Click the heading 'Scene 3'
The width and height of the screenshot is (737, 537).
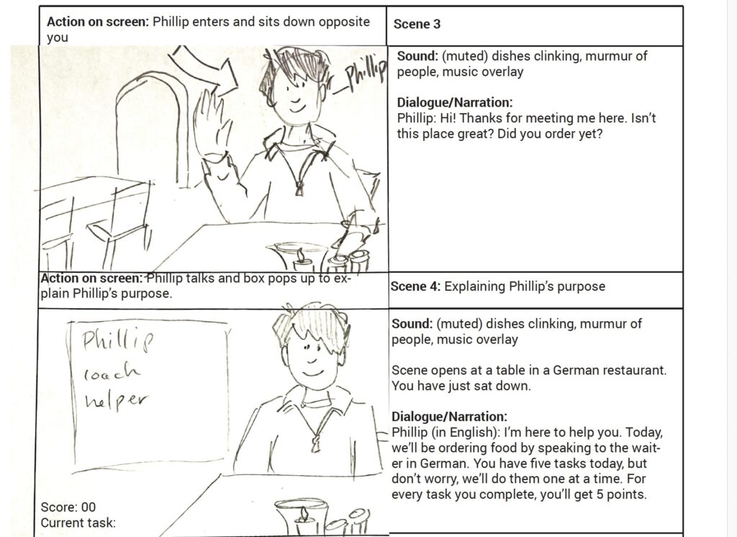click(x=417, y=24)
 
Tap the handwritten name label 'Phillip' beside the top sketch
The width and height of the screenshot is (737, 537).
click(x=366, y=72)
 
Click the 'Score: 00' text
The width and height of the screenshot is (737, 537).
click(x=68, y=507)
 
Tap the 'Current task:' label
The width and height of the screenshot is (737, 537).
click(x=78, y=523)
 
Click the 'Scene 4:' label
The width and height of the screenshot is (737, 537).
click(x=415, y=286)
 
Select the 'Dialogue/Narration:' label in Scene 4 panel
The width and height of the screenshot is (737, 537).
click(x=449, y=417)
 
